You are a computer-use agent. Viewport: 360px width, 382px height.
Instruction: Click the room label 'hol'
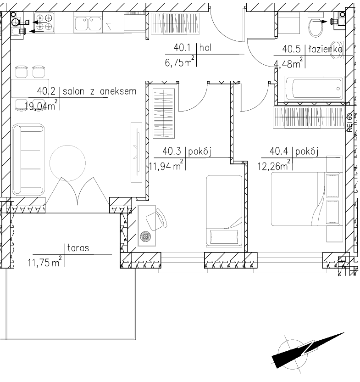click(x=205, y=47)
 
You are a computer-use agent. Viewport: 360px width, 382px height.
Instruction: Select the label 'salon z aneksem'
click(x=100, y=91)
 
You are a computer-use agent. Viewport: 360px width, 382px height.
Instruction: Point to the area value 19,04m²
click(x=41, y=105)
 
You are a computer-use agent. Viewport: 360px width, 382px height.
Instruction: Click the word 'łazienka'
click(x=326, y=49)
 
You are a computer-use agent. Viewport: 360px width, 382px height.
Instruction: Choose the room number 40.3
click(x=172, y=152)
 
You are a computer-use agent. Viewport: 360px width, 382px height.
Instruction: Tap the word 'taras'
click(x=78, y=248)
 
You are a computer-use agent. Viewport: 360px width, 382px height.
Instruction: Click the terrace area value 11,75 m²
click(x=44, y=262)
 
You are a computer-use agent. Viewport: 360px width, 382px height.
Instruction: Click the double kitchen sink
click(x=88, y=23)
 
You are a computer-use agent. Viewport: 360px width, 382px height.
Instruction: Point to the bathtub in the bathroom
click(x=314, y=89)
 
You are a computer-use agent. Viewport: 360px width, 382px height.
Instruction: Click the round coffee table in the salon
click(x=67, y=163)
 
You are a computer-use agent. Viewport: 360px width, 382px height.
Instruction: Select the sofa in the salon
click(x=28, y=160)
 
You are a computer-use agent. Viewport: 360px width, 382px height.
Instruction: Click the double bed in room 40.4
click(x=306, y=199)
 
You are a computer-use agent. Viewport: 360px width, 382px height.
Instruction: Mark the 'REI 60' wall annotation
click(x=350, y=123)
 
